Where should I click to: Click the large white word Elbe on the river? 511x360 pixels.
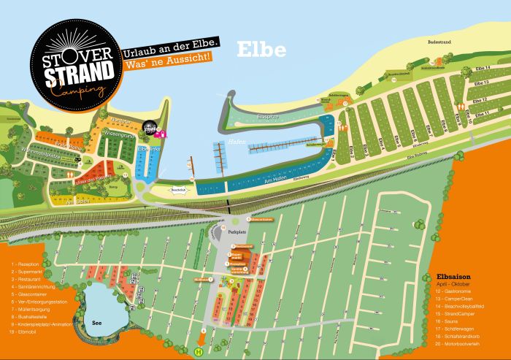click(x=261, y=50)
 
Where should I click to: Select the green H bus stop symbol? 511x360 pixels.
click(x=198, y=351)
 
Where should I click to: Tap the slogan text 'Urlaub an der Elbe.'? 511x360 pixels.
click(x=172, y=44)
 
